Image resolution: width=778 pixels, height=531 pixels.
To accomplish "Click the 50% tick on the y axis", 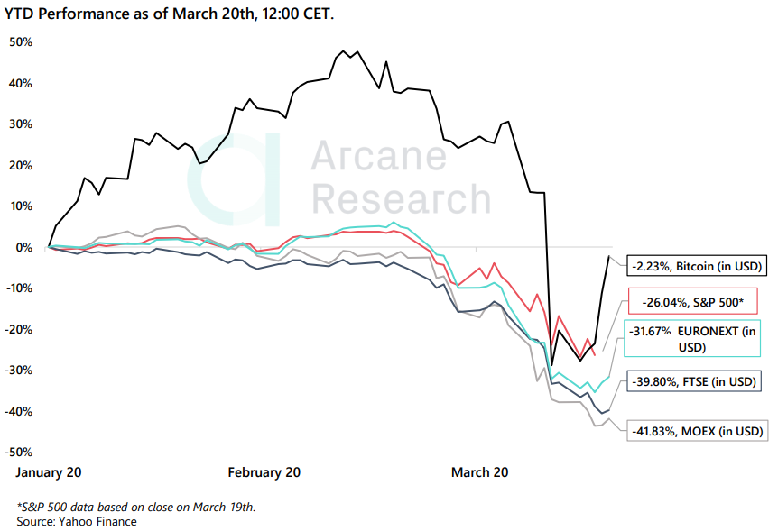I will pos(21,42).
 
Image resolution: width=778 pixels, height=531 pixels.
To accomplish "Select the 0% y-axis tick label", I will pos(24,247).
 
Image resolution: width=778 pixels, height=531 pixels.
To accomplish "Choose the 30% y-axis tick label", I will pos(21,124).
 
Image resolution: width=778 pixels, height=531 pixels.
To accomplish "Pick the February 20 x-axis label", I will pos(264,472).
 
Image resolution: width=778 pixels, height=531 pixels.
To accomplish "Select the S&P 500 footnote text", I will pos(136,507).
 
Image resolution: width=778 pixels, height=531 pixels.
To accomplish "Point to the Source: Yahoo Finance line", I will pos(77,521).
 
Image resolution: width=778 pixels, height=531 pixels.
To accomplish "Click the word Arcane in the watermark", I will pos(378,156).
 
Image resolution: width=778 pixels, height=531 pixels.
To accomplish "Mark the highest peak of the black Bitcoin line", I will pos(344,51).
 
